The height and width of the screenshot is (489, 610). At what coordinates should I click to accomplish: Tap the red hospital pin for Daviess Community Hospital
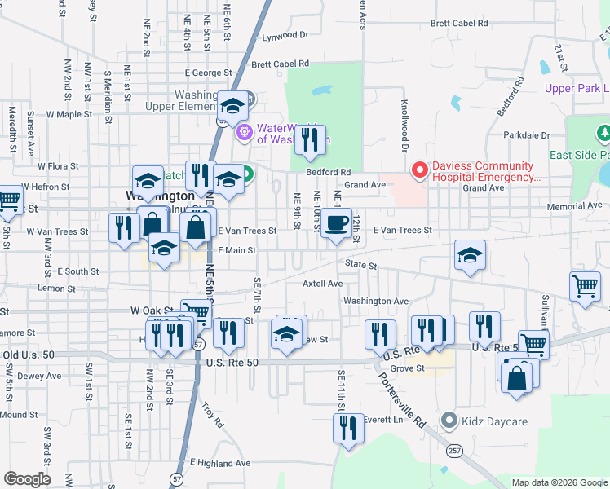coord(420,170)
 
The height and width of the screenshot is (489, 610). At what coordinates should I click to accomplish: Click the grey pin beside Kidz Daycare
coord(448,421)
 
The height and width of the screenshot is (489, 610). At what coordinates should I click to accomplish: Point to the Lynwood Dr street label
coord(285,36)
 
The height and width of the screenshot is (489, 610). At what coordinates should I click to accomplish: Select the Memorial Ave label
coord(573,207)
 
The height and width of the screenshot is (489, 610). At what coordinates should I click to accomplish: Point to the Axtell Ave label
coord(323,284)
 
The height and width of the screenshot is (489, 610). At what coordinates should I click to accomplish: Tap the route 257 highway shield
coord(455,450)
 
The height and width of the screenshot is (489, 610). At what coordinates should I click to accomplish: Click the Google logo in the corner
coord(27,478)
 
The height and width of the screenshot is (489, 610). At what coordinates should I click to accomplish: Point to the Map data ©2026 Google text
coord(559,482)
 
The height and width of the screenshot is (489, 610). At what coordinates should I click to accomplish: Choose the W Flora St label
coord(51,165)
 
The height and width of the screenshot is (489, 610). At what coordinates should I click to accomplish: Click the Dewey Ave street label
coord(35,376)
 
